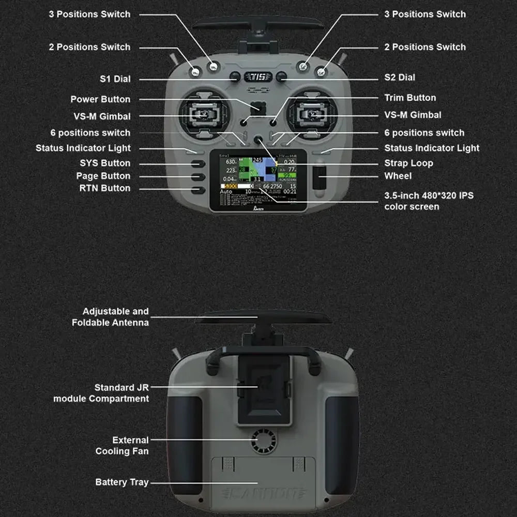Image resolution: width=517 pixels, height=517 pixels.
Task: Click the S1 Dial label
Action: pos(115,79)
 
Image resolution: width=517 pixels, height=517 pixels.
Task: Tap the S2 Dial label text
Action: pos(400,78)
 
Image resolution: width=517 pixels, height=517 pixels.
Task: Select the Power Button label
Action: pos(100,99)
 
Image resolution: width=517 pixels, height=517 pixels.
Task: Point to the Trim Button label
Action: pos(410,98)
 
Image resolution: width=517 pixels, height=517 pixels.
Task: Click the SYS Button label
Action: pos(105,163)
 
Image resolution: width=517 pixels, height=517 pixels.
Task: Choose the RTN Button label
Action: pos(104,188)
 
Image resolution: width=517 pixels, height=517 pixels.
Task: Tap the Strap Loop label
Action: pos(408,163)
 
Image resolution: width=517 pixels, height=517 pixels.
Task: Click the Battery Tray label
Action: pos(122,482)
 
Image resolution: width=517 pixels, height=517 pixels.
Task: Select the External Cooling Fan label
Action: pos(122,446)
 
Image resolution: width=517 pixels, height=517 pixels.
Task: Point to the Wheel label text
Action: pos(398,176)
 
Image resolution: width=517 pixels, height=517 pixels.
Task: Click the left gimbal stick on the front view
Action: pos(204,112)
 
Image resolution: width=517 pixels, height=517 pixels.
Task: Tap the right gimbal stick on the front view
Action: pos(312,112)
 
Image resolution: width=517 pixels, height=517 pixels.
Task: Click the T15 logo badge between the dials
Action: pos(258,77)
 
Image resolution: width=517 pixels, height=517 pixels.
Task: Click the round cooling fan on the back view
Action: pos(264,443)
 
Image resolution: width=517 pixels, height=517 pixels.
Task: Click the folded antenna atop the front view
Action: pos(258,23)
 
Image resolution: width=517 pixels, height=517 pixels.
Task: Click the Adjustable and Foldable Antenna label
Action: pos(110,317)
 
